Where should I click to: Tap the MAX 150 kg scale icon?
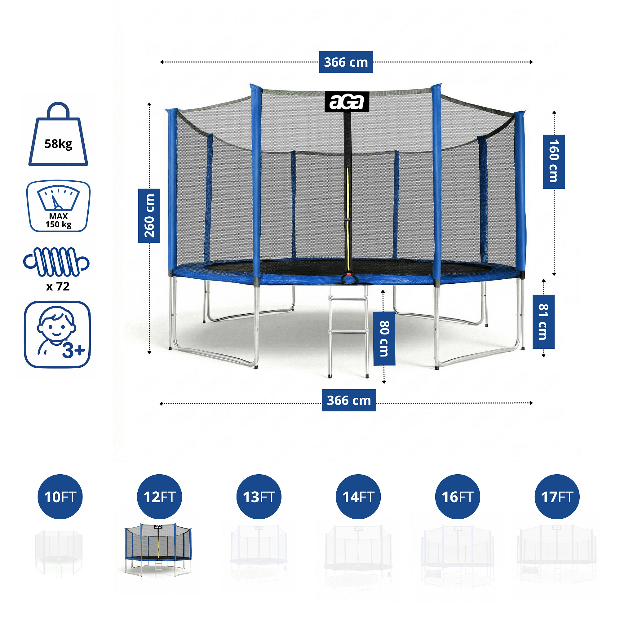tap(58, 206)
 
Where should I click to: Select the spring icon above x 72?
tap(56, 262)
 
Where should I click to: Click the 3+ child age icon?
tap(57, 334)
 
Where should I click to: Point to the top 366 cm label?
tap(346, 62)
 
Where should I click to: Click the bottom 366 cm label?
tap(348, 400)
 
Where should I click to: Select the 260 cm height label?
tap(149, 215)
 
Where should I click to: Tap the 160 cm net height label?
tap(554, 162)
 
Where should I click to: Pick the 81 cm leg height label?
tap(543, 321)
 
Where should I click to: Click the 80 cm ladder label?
tap(384, 338)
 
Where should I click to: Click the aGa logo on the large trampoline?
tap(347, 102)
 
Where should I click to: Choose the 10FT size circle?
tap(60, 497)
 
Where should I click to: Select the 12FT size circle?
tap(159, 497)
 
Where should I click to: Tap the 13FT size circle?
tap(259, 497)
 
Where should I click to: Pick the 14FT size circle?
tap(358, 497)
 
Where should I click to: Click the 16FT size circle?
tap(457, 497)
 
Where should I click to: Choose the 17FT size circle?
tap(557, 497)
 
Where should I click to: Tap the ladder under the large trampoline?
tap(348, 330)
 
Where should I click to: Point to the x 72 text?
tap(58, 286)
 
